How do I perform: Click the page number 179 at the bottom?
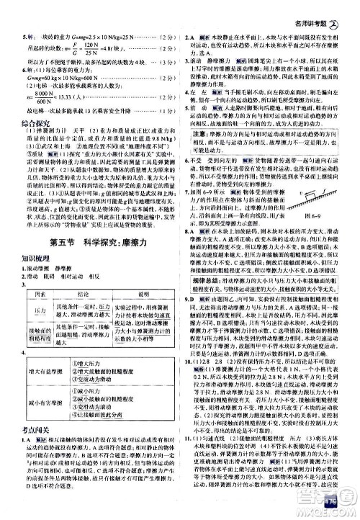pyautogui.click(x=333, y=502)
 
